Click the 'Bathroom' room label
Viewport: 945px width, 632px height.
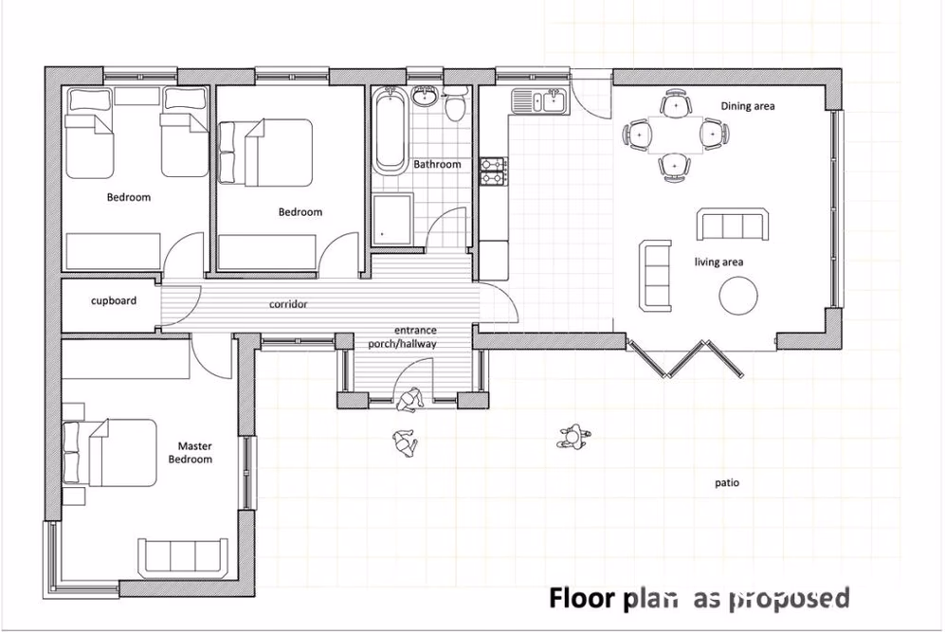click(x=437, y=165)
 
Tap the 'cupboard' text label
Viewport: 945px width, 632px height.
click(x=114, y=301)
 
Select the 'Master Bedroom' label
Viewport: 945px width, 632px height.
click(x=191, y=452)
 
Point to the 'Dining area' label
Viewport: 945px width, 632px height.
click(x=747, y=106)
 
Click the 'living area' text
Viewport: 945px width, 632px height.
click(x=718, y=262)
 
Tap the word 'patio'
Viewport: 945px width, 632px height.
click(x=727, y=483)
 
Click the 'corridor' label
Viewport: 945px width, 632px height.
click(x=288, y=305)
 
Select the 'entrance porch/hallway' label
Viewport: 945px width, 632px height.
click(x=403, y=337)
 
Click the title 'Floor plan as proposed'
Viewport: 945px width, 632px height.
click(x=699, y=598)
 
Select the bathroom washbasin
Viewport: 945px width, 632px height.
click(x=423, y=95)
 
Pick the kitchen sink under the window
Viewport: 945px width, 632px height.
click(x=537, y=99)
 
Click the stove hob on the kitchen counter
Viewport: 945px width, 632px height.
click(x=494, y=171)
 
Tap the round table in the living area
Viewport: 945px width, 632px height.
click(x=738, y=295)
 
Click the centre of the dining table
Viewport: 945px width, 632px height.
click(x=674, y=135)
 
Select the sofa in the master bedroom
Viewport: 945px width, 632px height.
click(x=182, y=556)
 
